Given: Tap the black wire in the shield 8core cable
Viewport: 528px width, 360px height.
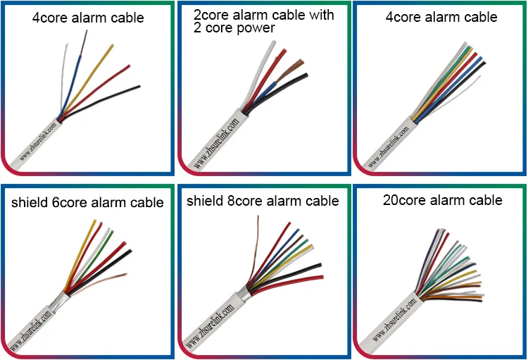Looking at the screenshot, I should coord(296,271).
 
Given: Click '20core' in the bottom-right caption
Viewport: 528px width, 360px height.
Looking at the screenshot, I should coord(404,200).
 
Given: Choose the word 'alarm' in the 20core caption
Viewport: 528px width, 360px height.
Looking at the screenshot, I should coord(451,200).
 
